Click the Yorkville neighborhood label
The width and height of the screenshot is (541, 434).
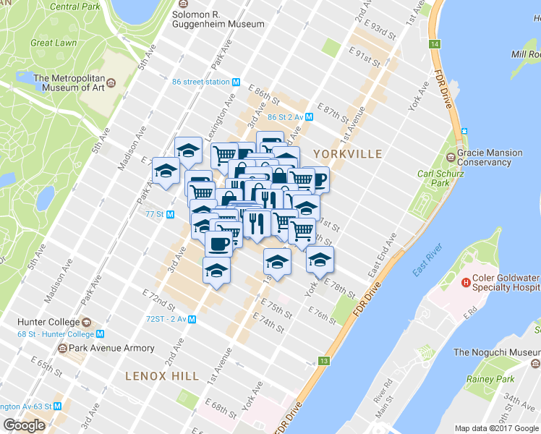[347, 153]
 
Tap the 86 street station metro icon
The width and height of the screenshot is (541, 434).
[236, 82]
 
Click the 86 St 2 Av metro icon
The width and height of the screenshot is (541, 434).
[309, 116]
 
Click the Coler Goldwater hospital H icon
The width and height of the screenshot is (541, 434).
[467, 282]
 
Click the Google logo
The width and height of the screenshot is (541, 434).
[24, 425]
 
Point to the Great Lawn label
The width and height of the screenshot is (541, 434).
[54, 43]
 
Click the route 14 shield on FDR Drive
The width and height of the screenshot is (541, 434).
[434, 45]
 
